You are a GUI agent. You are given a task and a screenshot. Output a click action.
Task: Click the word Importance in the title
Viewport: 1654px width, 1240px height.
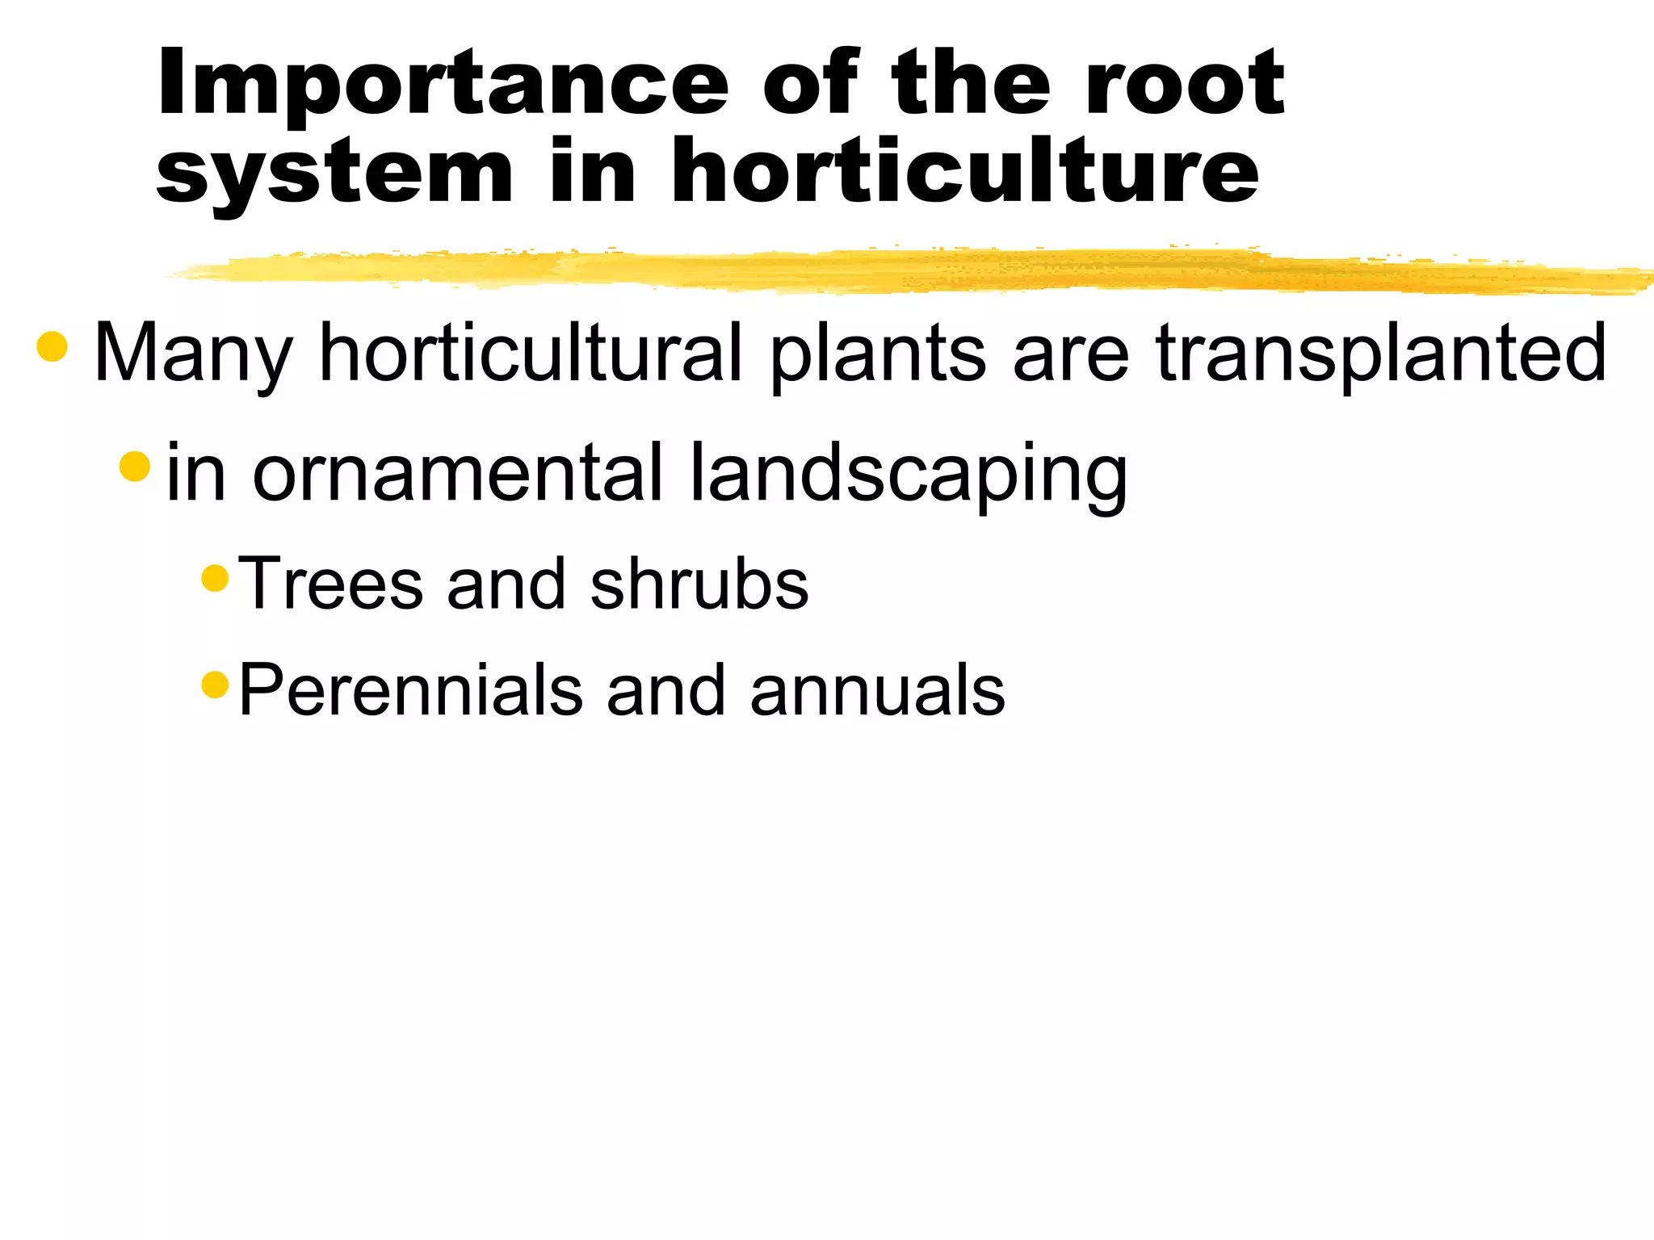click(x=443, y=84)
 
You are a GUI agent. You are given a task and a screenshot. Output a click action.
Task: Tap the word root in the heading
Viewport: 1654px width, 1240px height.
click(x=1184, y=84)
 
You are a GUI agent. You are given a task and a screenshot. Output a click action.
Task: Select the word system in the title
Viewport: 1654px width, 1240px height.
click(x=334, y=173)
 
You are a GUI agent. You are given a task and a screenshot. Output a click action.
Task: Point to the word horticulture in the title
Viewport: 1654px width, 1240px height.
click(x=964, y=171)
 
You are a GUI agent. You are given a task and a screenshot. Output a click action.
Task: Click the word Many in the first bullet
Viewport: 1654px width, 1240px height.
click(x=192, y=354)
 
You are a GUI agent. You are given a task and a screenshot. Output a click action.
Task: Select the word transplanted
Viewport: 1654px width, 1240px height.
click(x=1380, y=354)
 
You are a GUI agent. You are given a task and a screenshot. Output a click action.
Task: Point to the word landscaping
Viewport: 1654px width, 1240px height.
click(x=909, y=475)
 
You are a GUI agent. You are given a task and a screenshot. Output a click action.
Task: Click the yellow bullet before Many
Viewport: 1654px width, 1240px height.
click(x=52, y=346)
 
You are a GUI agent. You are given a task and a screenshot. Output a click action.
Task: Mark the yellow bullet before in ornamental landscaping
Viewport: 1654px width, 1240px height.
click(x=135, y=466)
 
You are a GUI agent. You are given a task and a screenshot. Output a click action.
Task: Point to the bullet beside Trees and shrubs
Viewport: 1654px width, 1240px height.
click(x=215, y=578)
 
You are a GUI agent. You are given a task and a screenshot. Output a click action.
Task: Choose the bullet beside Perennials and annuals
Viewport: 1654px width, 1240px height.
click(x=215, y=685)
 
